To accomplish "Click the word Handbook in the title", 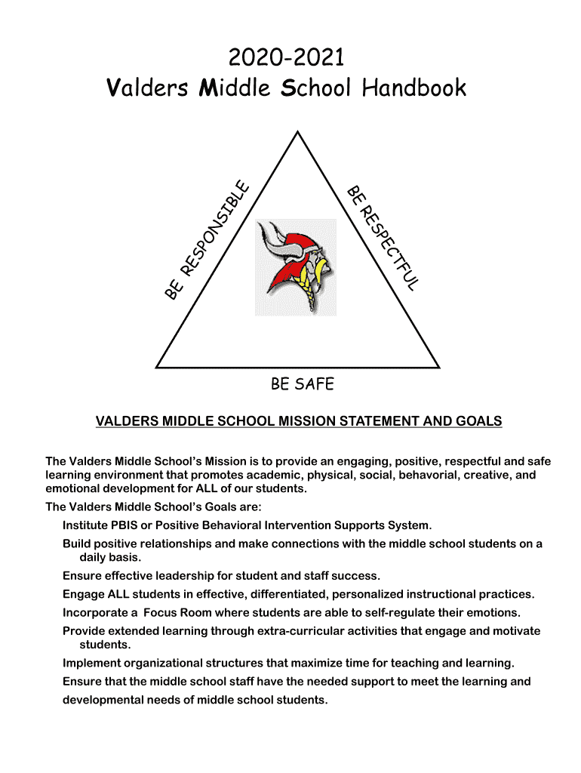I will (x=414, y=89).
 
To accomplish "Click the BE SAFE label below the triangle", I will (x=302, y=384).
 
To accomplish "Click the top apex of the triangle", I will (x=297, y=132).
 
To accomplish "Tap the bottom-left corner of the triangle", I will (x=156, y=367).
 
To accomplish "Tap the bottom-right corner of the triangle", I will (x=439, y=367).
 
